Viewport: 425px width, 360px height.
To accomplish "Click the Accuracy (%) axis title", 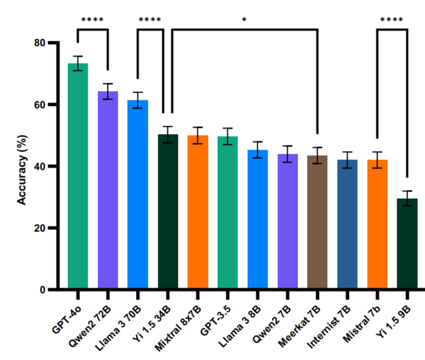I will point(22,166).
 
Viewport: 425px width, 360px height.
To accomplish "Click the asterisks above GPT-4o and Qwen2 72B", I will point(93,19).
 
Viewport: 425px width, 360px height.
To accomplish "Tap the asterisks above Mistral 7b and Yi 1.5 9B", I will point(392,19).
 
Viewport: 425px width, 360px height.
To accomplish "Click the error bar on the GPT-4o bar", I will point(78,63).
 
